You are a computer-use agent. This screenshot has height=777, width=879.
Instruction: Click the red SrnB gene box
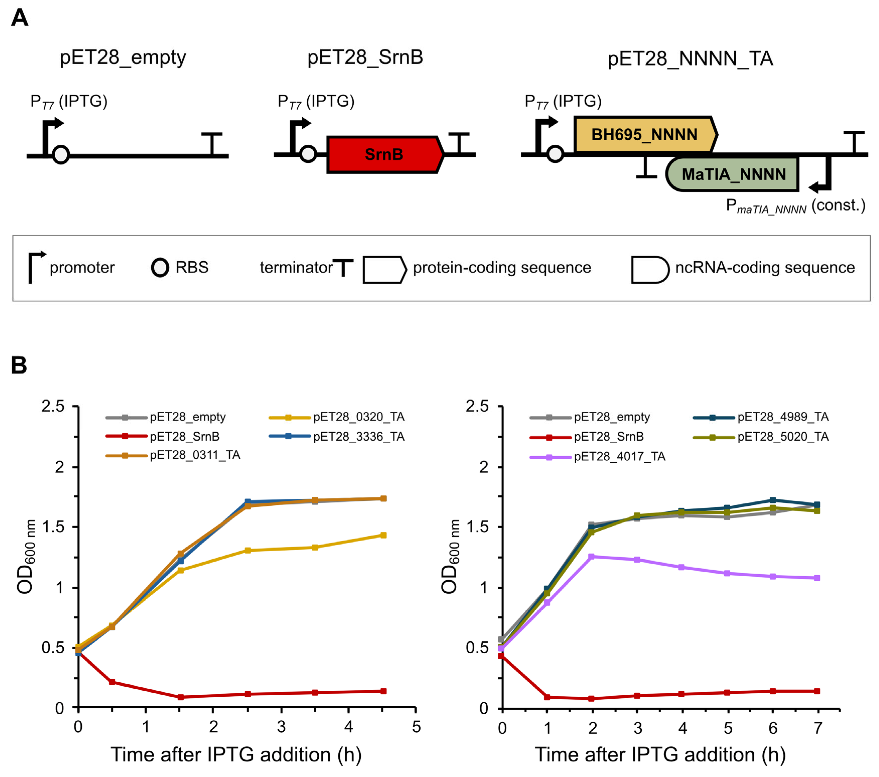pos(384,154)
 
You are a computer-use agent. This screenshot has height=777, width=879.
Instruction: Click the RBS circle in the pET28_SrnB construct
pos(308,154)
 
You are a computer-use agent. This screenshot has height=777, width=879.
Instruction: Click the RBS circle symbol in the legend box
pos(160,268)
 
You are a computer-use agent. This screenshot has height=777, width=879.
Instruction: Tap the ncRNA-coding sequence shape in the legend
pos(649,270)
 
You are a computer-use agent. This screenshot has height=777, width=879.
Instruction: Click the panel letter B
pos(19,365)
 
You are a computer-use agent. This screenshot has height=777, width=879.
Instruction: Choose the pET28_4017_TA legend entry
pos(597,457)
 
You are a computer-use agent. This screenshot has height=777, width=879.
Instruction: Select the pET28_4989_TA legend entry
pos(761,417)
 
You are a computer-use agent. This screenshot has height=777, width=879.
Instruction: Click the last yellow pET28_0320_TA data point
pos(383,535)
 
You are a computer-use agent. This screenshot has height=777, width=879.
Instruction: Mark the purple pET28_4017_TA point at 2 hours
pos(592,556)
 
